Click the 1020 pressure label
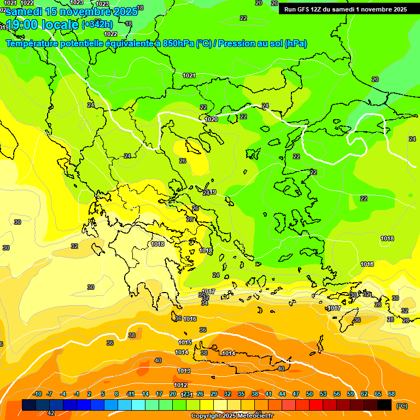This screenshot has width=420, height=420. (211, 119)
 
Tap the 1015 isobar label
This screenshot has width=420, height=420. (185, 342)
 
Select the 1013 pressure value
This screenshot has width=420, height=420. (184, 371)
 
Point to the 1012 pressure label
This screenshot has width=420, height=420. (180, 385)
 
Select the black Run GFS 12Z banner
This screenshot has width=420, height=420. (345, 9)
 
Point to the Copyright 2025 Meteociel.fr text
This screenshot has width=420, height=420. (232, 416)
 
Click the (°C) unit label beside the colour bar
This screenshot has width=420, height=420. (402, 406)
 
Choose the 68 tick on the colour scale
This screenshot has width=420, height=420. (392, 394)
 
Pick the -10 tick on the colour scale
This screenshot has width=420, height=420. (37, 394)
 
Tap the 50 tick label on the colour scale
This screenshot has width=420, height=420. (310, 394)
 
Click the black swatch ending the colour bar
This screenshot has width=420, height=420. (384, 405)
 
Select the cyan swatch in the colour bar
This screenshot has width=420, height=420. (138, 405)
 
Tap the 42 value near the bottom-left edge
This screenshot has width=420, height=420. (51, 413)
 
